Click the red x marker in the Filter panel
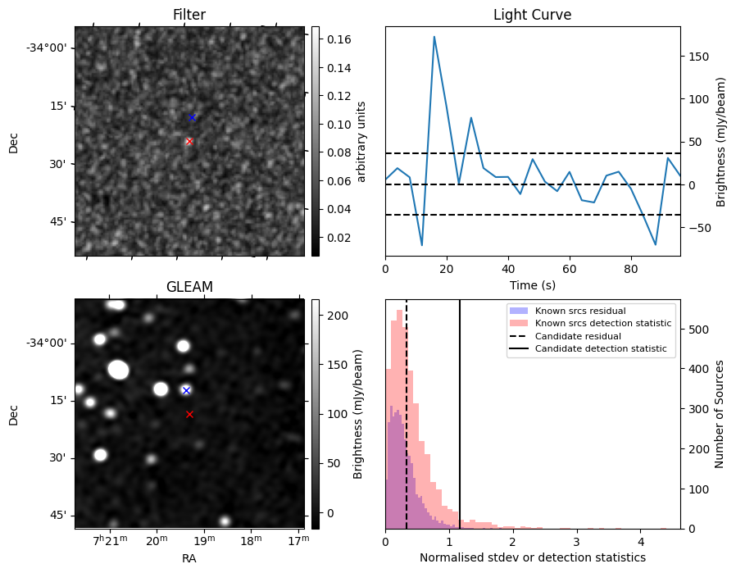coord(189,141)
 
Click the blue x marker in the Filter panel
coord(192,117)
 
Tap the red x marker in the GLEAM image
coord(189,414)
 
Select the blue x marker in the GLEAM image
coord(186,390)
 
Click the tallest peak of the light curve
coord(434,37)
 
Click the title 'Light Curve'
coord(532,15)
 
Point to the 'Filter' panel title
coord(189,15)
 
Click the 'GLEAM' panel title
coord(189,287)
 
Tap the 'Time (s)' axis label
coord(532,284)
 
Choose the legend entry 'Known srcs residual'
coord(580,311)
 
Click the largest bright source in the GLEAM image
coord(118,370)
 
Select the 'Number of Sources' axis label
coord(720,414)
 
